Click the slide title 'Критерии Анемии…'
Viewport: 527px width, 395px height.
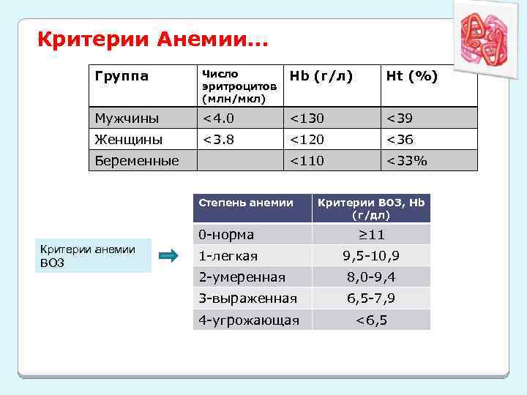coord(153,38)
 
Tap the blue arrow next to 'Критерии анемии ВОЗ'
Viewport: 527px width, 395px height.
coord(169,255)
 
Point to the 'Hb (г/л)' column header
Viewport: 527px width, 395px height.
coord(320,76)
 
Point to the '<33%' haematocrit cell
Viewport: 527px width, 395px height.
coord(407,159)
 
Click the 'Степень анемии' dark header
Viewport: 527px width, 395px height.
coord(247,203)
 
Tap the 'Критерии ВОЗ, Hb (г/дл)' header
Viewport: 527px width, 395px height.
coord(371,208)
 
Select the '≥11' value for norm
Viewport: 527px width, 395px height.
coord(371,235)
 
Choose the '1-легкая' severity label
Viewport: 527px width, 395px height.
coord(228,256)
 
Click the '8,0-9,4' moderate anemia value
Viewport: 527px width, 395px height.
coord(371,277)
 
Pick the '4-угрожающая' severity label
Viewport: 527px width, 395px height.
coord(249,320)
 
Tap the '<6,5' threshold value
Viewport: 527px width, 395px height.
coord(371,320)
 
